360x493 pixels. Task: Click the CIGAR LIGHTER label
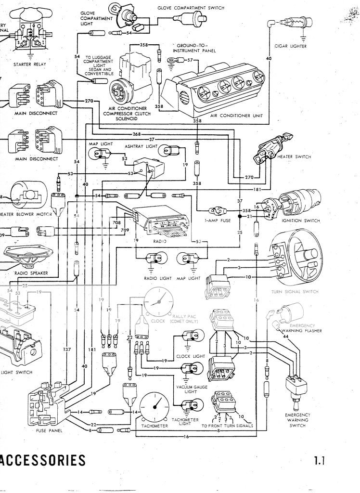pyautogui.click(x=290, y=46)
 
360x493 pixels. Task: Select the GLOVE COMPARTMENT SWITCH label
pyautogui.click(x=190, y=8)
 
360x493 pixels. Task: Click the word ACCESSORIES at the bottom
pyautogui.click(x=43, y=460)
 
